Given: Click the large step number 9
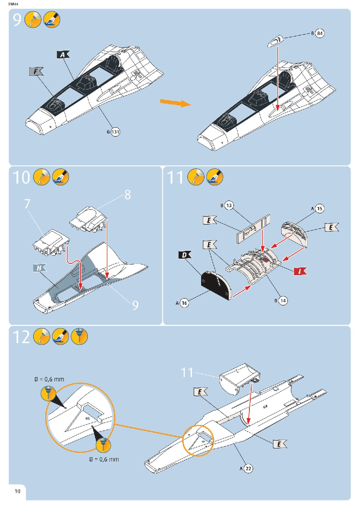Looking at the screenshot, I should (x=17, y=20).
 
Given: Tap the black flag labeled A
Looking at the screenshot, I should (x=63, y=54).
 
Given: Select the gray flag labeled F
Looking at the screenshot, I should (x=36, y=71).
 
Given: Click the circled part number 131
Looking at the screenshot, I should (x=115, y=132).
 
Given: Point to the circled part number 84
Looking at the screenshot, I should (x=320, y=33).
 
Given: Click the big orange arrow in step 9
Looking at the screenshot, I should (x=175, y=103).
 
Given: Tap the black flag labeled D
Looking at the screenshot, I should (x=184, y=255).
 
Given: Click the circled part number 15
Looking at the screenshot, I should (x=320, y=209).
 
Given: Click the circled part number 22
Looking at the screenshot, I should (x=248, y=468).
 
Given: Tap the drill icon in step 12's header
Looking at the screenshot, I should (x=79, y=336).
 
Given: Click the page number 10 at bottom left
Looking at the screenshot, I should (x=17, y=491).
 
